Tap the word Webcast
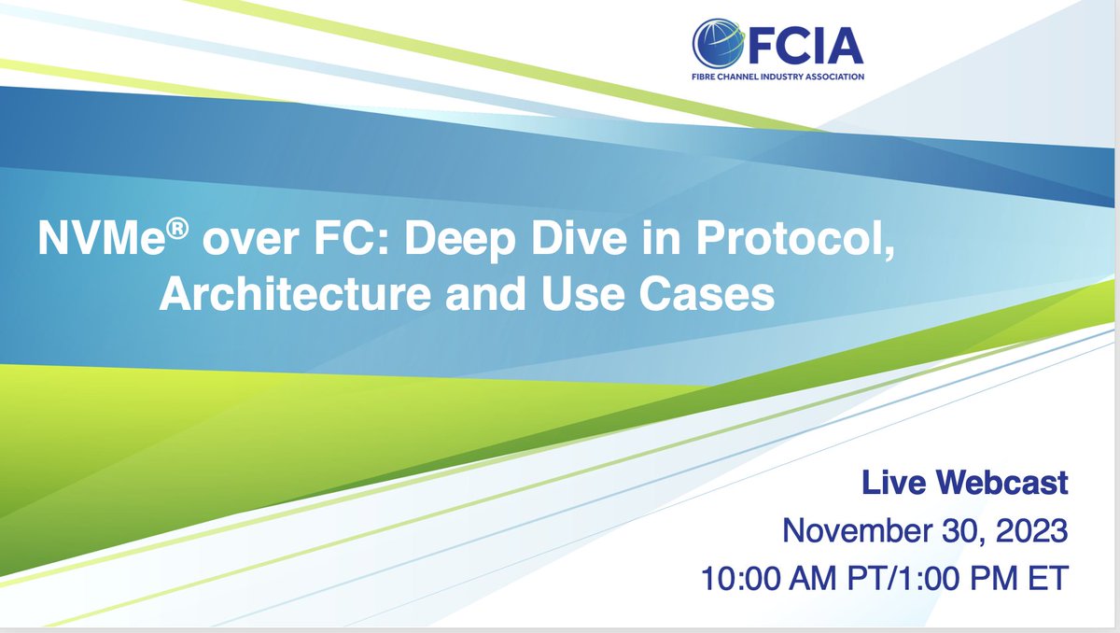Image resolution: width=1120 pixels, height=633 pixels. pos(1002,485)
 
